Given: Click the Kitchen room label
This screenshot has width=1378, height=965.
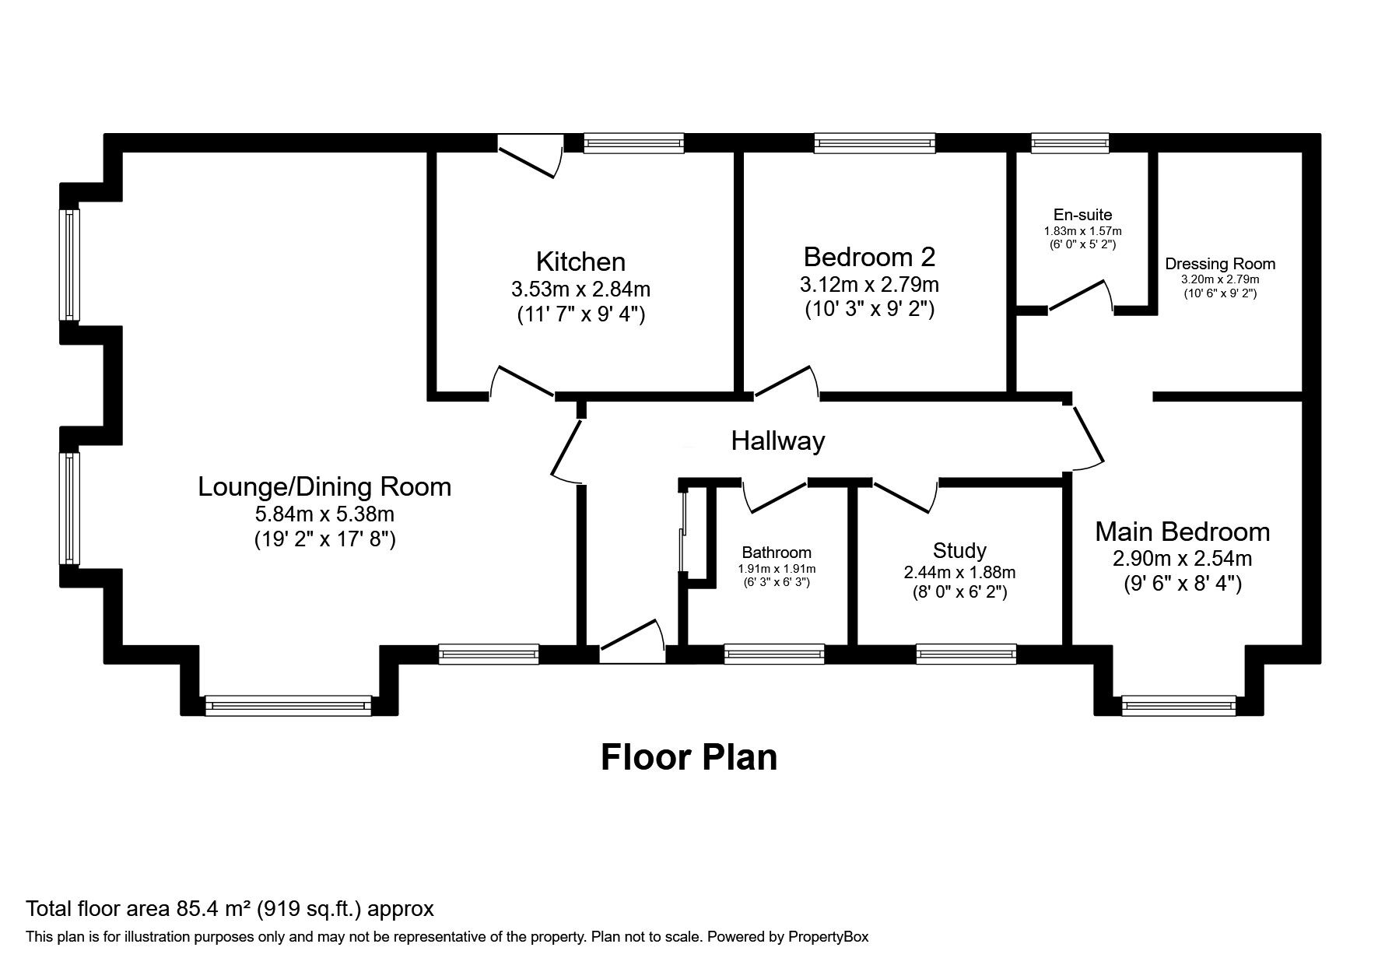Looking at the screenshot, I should (x=580, y=261).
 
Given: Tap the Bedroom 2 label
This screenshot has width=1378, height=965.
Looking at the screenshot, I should (x=869, y=256).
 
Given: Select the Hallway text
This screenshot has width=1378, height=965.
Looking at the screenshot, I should (x=777, y=441).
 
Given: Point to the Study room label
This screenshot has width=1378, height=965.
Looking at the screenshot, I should (x=959, y=551).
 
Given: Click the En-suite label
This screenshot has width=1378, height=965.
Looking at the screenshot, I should (x=1082, y=215).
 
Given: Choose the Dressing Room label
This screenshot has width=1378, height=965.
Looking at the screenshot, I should (x=1219, y=264).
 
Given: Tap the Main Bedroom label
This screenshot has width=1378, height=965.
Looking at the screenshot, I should (x=1182, y=532).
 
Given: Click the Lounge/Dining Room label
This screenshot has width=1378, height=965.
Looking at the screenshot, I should (x=324, y=486).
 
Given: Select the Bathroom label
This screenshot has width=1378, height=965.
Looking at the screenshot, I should (x=776, y=553).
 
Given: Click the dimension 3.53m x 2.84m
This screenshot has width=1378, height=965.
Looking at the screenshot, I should (x=580, y=289).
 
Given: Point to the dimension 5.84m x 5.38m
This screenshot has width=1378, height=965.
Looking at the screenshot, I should (x=324, y=514).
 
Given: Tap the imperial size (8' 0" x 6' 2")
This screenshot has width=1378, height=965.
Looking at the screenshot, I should (x=959, y=592).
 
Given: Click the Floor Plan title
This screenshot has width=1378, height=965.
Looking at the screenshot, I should (x=689, y=756).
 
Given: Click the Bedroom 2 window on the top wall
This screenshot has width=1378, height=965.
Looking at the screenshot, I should (x=875, y=142).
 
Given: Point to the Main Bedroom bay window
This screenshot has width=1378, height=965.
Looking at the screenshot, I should (x=1178, y=706).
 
